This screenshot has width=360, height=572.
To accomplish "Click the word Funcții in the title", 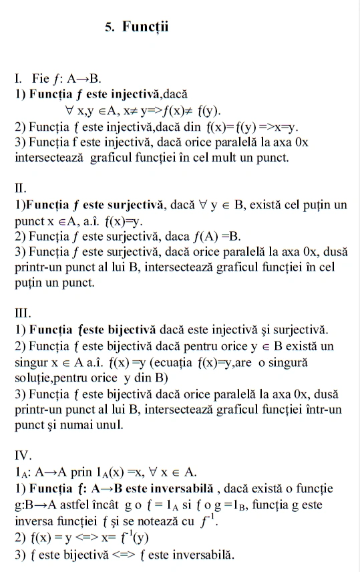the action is click(x=146, y=27).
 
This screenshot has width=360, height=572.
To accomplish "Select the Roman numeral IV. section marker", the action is click(x=23, y=456).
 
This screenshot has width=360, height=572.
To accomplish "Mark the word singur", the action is click(x=31, y=363).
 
